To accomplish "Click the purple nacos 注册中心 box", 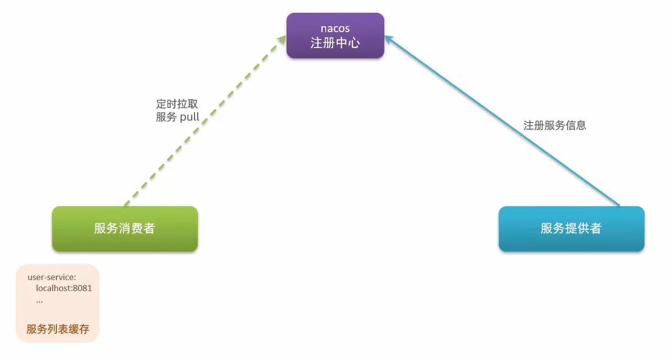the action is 335,35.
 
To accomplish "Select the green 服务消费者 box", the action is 125,228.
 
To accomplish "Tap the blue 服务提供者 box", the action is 571,228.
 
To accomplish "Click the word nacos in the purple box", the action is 335,28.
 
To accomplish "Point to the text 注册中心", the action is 335,43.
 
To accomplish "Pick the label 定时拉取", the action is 177,104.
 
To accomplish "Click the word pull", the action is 189,117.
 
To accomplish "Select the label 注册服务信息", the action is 555,125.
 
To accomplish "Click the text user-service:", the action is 52,277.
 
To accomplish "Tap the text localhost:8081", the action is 63,288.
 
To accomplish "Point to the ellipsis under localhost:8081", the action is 39,300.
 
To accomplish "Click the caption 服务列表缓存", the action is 58,329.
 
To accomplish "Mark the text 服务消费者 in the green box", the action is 125,228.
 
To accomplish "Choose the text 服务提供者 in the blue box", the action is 571,228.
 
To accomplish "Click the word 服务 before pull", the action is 166,117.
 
